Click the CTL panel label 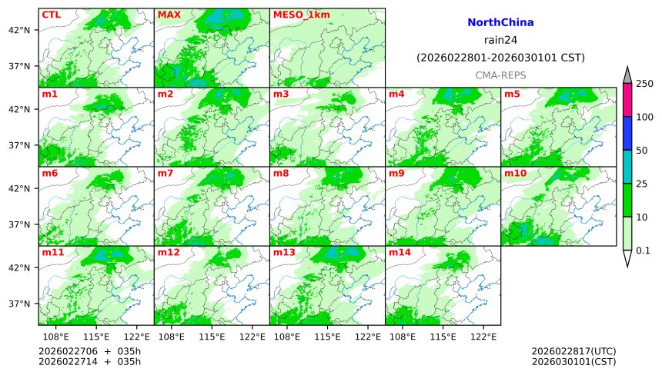[x=51, y=15]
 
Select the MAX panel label [x=169, y=15]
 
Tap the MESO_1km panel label [x=297, y=15]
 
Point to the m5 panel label [x=512, y=95]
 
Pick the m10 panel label [x=515, y=174]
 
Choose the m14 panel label [x=399, y=253]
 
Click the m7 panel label [x=165, y=174]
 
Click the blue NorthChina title [x=500, y=23]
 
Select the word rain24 [x=500, y=40]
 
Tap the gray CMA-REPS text [x=500, y=75]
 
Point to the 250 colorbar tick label [x=644, y=83]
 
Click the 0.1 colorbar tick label [x=643, y=250]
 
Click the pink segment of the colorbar [x=627, y=100]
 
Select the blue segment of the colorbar [x=627, y=133]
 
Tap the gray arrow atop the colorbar [x=627, y=75]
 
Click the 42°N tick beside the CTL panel [x=18, y=30]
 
